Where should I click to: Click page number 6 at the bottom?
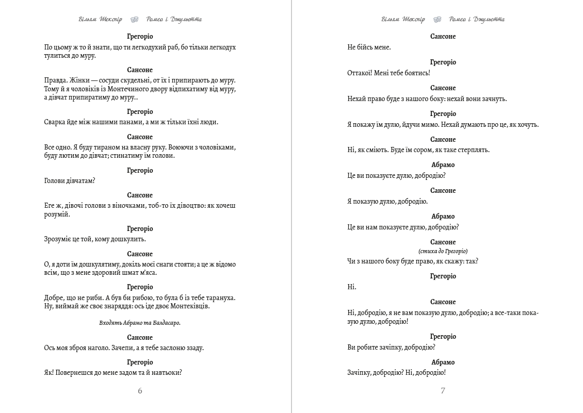point(140,391)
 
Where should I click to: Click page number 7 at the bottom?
point(443,391)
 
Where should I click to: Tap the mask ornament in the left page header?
point(134,20)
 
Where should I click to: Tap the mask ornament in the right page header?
point(437,20)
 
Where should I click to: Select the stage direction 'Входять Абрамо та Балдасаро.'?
point(140,323)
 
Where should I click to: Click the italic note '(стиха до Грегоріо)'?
point(443,251)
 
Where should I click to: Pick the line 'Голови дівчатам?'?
point(70,180)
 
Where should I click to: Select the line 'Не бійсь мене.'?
point(369,47)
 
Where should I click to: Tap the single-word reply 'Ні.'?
point(352,287)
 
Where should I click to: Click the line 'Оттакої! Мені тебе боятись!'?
point(388,73)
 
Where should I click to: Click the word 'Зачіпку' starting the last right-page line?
point(361,373)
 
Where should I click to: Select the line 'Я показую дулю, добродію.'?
point(387,202)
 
